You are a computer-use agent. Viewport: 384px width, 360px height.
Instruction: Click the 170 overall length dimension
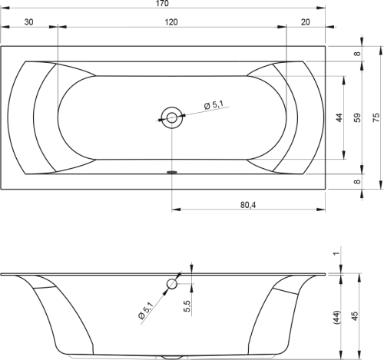[163, 4]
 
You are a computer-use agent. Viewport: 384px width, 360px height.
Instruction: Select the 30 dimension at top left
[28, 22]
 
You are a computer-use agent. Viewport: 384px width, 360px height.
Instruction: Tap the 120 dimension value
[170, 22]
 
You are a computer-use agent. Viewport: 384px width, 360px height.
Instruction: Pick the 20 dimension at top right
[305, 22]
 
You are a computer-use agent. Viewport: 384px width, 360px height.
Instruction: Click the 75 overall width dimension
[376, 117]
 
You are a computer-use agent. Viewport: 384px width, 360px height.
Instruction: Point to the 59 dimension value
[358, 117]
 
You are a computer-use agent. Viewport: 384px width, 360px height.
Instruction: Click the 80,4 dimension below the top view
[248, 205]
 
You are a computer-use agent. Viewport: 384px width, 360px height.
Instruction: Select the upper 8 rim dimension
[357, 54]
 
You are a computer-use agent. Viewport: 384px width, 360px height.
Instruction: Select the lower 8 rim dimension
[357, 181]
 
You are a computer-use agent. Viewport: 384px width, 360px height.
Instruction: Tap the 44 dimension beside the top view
[339, 117]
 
